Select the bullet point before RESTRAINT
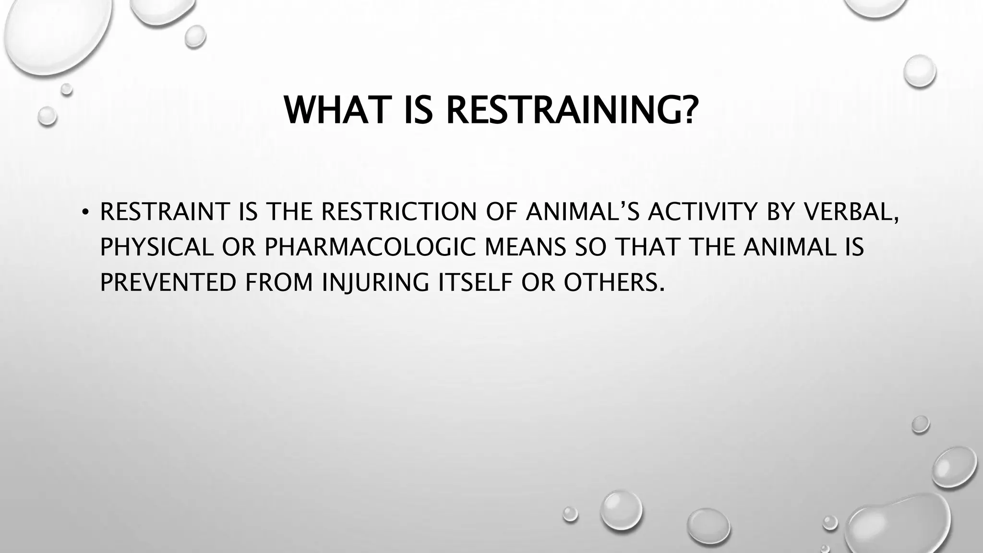[85, 213]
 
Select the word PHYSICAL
[156, 247]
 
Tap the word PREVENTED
[168, 282]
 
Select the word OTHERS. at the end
[614, 282]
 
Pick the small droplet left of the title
[47, 116]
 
